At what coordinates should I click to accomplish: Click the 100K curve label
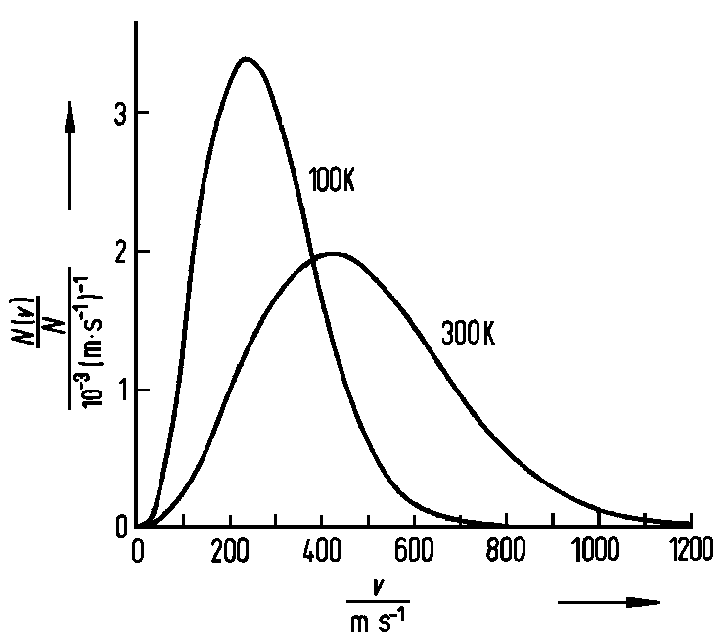coord(332,182)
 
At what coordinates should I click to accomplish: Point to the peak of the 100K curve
coord(246,59)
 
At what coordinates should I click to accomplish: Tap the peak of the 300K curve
coord(333,253)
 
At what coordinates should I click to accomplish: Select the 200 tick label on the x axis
coord(230,552)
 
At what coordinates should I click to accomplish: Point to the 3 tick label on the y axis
coord(116,113)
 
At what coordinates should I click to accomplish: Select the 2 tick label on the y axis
coord(116,252)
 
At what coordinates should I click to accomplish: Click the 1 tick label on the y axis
coord(116,391)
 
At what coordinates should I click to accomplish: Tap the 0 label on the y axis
coord(116,528)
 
